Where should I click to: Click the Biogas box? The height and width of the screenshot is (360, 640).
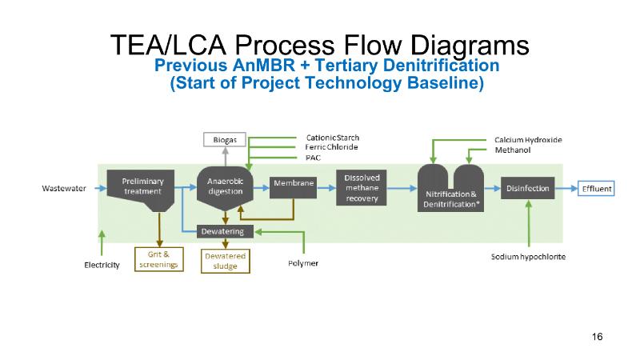[224, 139]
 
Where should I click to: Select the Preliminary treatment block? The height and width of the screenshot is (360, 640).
[142, 186]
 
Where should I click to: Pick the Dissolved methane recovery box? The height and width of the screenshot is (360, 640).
[362, 187]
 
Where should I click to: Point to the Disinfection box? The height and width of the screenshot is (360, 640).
[527, 189]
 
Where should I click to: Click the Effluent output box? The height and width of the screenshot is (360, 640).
[596, 189]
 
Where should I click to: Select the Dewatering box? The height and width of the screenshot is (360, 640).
[226, 231]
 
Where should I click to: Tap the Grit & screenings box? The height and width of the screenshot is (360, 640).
[158, 260]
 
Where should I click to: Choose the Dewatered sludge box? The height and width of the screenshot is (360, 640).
[226, 261]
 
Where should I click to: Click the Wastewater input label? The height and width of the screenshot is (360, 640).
[64, 189]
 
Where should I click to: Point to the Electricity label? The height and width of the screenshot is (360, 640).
[102, 265]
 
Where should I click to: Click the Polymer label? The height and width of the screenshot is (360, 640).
[302, 263]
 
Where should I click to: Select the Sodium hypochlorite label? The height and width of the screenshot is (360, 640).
[529, 257]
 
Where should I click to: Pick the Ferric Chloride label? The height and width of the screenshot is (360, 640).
[332, 147]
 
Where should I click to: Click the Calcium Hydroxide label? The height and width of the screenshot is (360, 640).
[528, 140]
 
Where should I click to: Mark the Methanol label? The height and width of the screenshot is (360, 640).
[512, 150]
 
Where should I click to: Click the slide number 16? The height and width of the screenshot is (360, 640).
[597, 336]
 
